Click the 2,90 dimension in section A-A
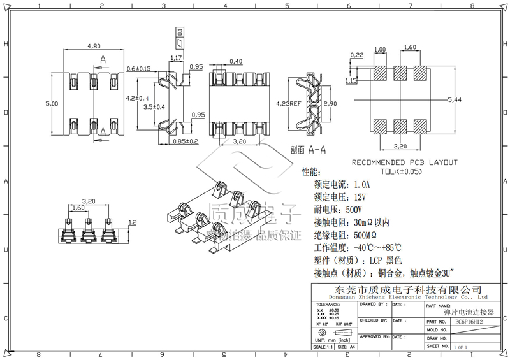click(x=330, y=103)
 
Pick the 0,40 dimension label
click(x=235, y=61)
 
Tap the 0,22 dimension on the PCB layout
click(x=356, y=55)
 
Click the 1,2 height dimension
click(x=133, y=222)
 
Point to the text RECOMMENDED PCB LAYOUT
click(x=405, y=162)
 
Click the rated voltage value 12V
click(x=360, y=197)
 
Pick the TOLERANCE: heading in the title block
click(x=328, y=305)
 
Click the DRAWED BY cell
click(x=374, y=305)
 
